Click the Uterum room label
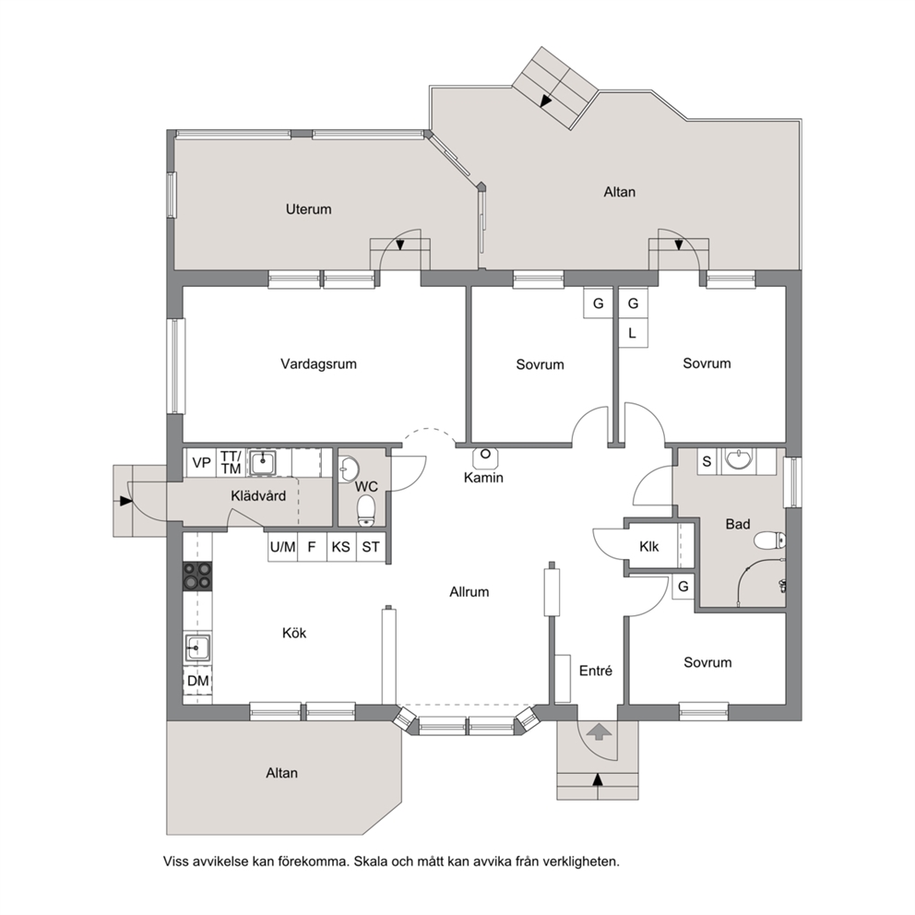coord(308,208)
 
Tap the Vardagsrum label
coord(318,364)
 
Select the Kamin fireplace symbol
coord(485,458)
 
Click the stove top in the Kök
coord(197,575)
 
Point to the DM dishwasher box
coord(197,681)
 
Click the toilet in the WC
coord(366,510)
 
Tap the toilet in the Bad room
coord(769,541)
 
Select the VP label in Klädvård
coord(201,463)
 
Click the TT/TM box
coord(232,463)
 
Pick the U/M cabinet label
coord(282,547)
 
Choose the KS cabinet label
coord(340,547)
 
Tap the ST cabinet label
coord(371,547)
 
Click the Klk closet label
coord(649,547)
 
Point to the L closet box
coord(633,333)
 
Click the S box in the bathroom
coord(707,461)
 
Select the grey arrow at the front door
coord(599,731)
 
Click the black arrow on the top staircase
coord(546,101)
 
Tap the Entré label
coord(595,671)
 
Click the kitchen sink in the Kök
coord(197,648)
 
